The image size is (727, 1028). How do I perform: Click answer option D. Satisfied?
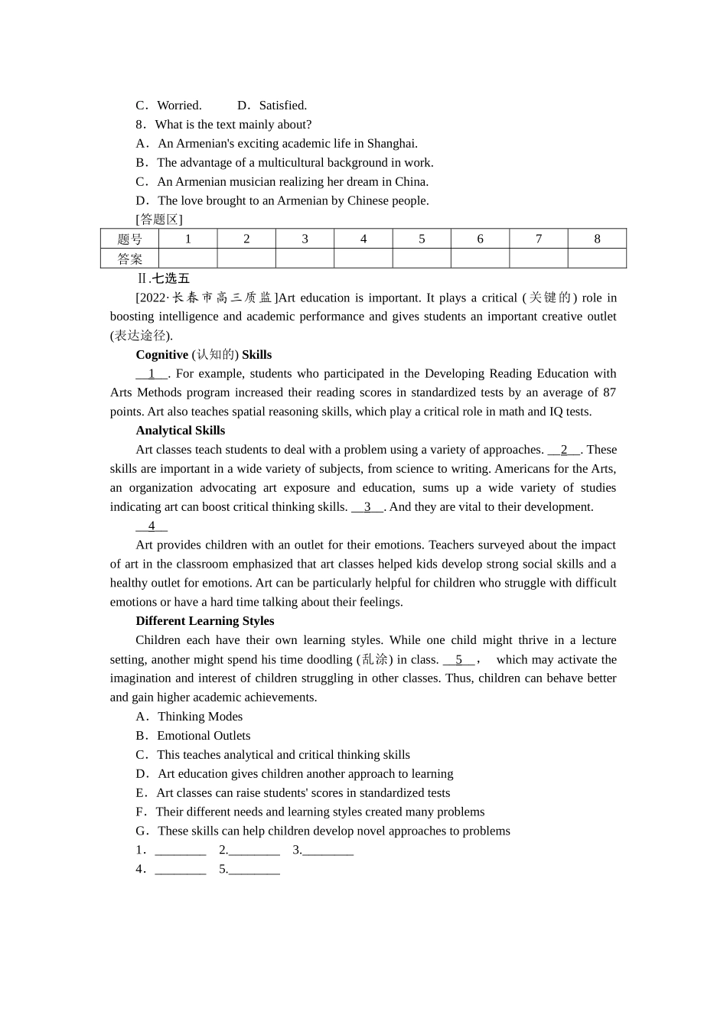pos(272,106)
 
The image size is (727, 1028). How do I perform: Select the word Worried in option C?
pos(179,106)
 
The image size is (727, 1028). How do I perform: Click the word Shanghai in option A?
pos(392,144)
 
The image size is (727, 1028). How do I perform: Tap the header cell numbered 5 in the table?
pos(422,239)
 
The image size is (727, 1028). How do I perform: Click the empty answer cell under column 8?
pos(597,259)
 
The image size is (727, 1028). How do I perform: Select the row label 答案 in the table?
pos(129,259)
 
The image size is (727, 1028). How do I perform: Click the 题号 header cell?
pos(129,239)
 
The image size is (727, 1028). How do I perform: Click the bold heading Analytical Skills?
pos(181,431)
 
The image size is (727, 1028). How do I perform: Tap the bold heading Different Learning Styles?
pos(205,621)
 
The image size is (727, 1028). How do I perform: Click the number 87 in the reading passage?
pos(609,392)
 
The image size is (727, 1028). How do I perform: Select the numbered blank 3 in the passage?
pos(367,507)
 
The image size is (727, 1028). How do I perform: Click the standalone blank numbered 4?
pos(152,526)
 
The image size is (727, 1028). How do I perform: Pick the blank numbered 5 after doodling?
pos(459,659)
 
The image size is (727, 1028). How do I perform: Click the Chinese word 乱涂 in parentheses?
pos(374,659)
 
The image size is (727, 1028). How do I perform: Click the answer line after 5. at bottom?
pos(254,870)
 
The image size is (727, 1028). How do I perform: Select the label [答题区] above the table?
pos(159,220)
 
